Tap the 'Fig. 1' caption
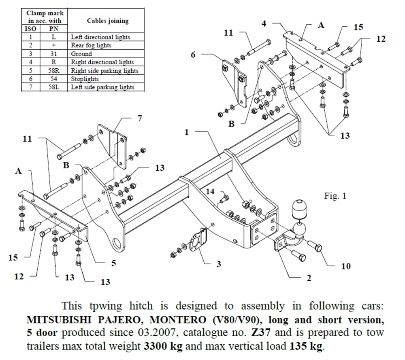click(x=335, y=196)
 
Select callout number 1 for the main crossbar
click(x=187, y=132)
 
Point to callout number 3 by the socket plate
click(x=219, y=264)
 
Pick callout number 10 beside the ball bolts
click(x=346, y=266)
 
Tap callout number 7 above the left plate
click(x=139, y=119)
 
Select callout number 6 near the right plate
click(x=193, y=54)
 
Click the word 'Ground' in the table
click(x=81, y=54)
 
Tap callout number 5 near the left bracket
click(x=114, y=263)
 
